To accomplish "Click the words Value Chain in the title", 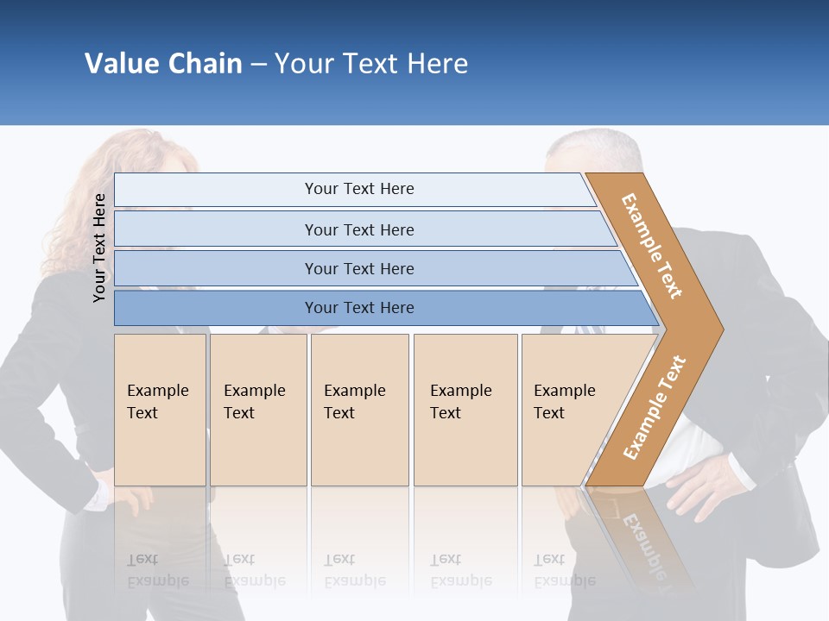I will [x=163, y=63].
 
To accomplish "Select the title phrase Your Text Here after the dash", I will [x=371, y=63].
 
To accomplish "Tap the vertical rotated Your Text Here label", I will [x=99, y=248].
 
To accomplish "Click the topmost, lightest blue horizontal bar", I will [x=358, y=189].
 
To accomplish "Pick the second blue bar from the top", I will [x=358, y=229].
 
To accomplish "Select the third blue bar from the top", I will [x=358, y=268].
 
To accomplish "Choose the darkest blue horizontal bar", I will [x=358, y=308].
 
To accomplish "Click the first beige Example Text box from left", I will [x=160, y=410].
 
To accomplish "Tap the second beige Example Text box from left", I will [x=258, y=410].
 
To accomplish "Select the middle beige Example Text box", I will [x=359, y=410].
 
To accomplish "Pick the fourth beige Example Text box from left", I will [x=465, y=410].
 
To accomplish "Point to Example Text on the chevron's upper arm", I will [x=652, y=246].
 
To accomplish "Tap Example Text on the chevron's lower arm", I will [x=655, y=407].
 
